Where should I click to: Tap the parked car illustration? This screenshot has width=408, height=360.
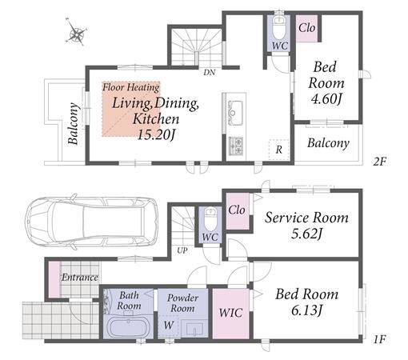[x=92, y=222]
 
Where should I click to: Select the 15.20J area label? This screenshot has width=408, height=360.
[x=156, y=135]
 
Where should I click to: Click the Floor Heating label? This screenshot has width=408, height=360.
[x=131, y=87]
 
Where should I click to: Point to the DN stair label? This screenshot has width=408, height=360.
[x=210, y=72]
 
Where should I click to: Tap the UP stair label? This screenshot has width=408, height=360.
[x=182, y=250]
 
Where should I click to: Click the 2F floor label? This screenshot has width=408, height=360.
[x=379, y=162]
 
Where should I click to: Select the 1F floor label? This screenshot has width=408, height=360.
[x=379, y=339]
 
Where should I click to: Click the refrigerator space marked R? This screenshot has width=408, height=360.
[x=279, y=150]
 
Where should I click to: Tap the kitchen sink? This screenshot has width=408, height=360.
[x=235, y=113]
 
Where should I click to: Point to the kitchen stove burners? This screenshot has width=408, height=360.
[x=236, y=146]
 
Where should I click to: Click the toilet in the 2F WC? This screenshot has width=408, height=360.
[x=279, y=27]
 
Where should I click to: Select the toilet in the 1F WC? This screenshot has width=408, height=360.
[x=210, y=219]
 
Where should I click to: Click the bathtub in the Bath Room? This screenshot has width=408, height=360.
[x=128, y=328]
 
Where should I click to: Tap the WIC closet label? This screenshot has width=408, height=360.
[x=230, y=313]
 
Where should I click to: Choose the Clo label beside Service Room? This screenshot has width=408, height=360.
[x=237, y=210]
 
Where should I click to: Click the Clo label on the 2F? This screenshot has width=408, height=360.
[x=306, y=28]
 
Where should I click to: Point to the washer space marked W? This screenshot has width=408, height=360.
[x=169, y=325]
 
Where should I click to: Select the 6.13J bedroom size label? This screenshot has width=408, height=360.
[x=307, y=310]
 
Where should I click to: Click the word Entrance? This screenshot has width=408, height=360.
[x=80, y=278]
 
